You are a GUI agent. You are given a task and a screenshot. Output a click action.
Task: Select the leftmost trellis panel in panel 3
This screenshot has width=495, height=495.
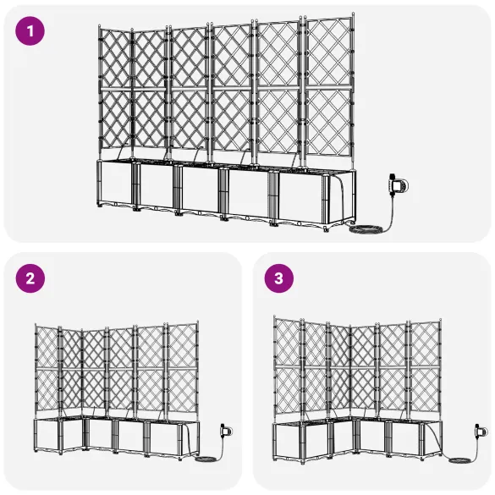[x=288, y=368]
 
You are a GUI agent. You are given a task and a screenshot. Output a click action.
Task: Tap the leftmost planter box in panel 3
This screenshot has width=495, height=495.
[x=288, y=440]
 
